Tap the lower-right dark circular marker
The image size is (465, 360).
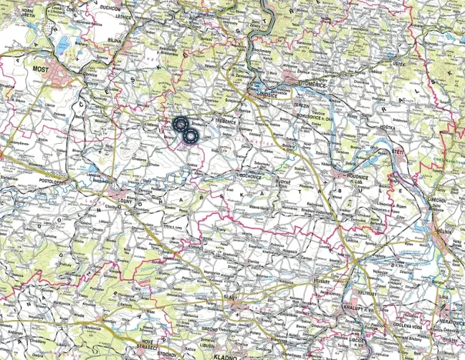point(189,136)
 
